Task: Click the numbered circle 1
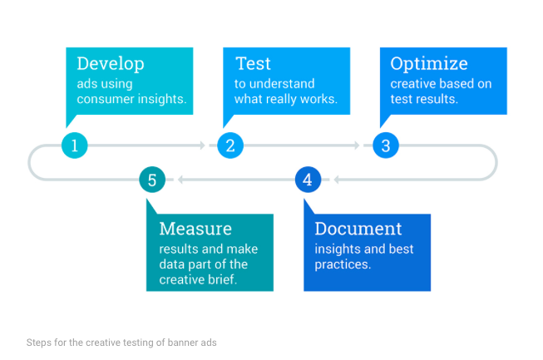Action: [75, 145]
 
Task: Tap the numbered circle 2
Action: [230, 145]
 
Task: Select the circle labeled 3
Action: [386, 145]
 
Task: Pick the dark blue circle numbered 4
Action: [308, 180]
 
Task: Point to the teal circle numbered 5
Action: [152, 180]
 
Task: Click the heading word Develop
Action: [111, 64]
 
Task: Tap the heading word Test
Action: [253, 64]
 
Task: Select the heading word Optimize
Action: [429, 64]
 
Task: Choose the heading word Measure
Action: [195, 229]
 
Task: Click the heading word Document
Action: [358, 229]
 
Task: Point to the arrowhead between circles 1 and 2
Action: [203, 145]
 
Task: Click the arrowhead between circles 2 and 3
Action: [357, 145]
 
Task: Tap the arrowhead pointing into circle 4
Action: [336, 180]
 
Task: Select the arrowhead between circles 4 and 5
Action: [180, 180]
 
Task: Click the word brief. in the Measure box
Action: [223, 279]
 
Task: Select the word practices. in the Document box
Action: [343, 265]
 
